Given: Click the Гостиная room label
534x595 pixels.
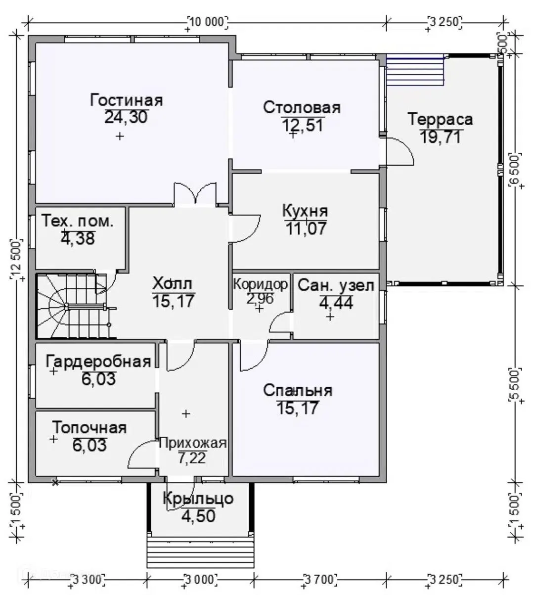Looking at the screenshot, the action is coord(126,100).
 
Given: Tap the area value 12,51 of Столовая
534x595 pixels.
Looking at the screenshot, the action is coord(303,126).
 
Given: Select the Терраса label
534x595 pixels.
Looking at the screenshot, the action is coord(441,120).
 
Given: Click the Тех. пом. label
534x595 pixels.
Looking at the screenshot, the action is coord(78,221).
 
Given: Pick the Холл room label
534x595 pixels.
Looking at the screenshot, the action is coord(173,284).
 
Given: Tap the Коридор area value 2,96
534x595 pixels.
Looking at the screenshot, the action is coord(260,299).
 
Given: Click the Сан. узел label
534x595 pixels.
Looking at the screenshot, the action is coord(336,285).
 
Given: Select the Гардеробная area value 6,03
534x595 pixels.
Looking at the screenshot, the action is coord(98,379).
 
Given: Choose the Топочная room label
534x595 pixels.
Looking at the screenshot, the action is coord(89,428).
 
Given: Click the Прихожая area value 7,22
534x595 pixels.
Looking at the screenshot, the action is coord(192,458).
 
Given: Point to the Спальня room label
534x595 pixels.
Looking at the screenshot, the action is coord(298,391).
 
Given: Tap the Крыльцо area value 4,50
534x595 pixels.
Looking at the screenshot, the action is coord(198,516).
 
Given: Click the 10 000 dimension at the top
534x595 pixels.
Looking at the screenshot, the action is coord(208,22).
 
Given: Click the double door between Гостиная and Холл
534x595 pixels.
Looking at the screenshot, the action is coord(195,194).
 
